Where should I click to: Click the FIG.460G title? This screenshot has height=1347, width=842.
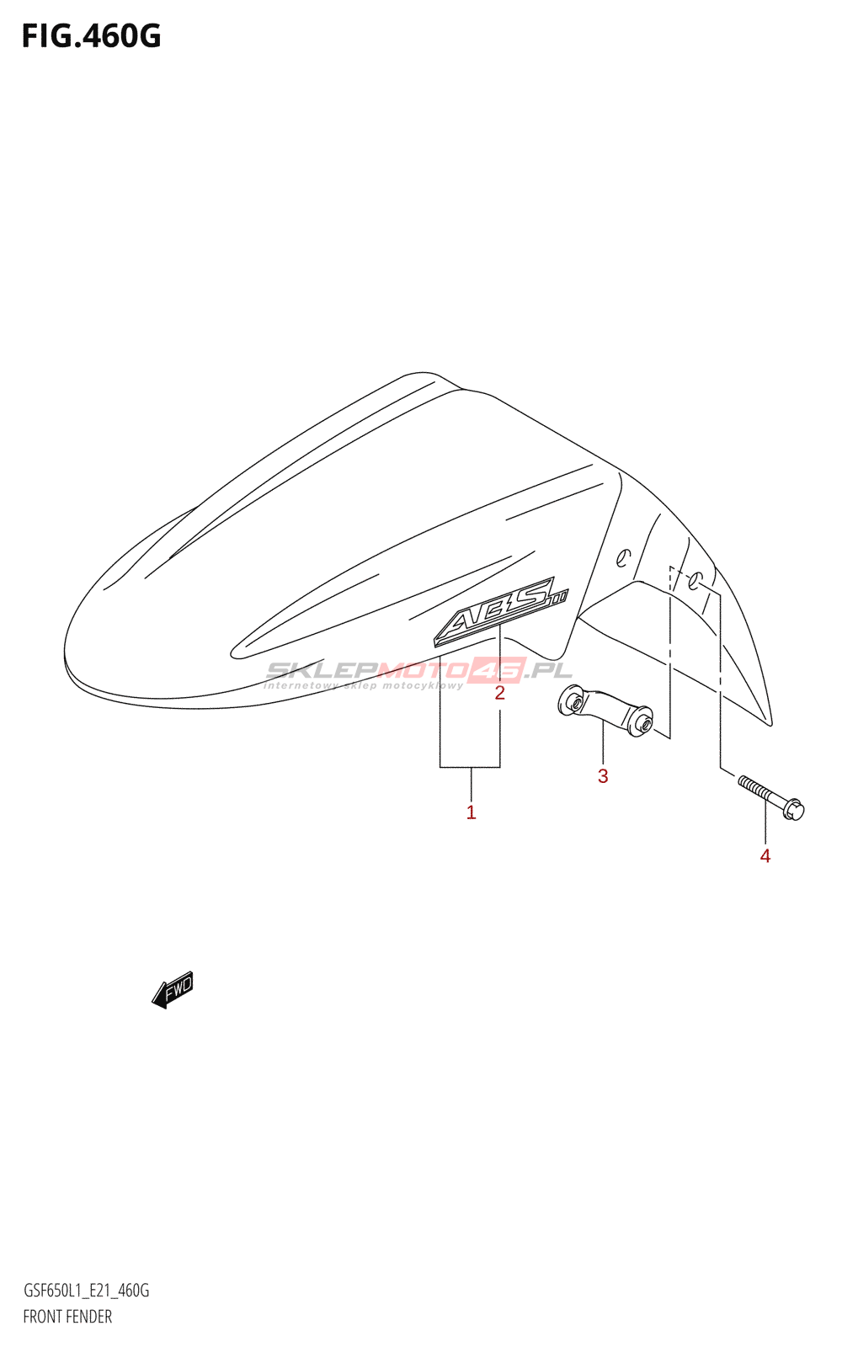[x=91, y=36]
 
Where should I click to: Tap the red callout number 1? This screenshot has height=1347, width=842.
[x=472, y=812]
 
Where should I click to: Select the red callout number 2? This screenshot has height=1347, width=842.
[x=499, y=693]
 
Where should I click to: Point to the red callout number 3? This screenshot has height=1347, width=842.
[x=603, y=776]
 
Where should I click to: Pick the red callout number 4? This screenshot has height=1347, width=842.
[x=765, y=856]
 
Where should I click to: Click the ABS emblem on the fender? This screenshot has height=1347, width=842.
[x=500, y=611]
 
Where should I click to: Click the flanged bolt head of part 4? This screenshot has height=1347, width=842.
[x=794, y=809]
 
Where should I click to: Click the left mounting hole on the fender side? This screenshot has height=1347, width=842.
[x=623, y=556]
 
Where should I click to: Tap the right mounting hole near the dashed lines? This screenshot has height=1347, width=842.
[x=695, y=581]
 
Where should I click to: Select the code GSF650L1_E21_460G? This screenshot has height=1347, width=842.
[x=86, y=1291]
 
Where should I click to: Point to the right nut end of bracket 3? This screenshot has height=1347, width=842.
[x=642, y=721]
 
